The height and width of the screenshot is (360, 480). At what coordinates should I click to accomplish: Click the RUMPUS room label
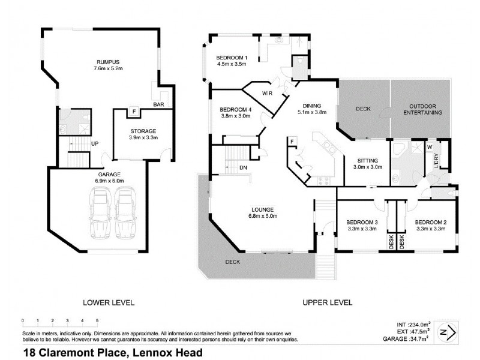[109, 62]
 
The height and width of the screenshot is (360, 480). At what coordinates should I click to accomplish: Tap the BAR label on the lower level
[159, 104]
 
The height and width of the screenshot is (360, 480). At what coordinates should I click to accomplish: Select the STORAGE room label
[143, 131]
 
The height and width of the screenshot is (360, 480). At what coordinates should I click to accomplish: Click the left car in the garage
[100, 212]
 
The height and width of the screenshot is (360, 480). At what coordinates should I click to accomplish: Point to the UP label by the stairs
[95, 144]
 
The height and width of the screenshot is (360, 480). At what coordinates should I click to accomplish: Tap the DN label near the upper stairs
[243, 167]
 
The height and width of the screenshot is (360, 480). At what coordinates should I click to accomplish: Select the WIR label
[268, 93]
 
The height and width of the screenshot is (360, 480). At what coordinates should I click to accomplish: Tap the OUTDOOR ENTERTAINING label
[419, 109]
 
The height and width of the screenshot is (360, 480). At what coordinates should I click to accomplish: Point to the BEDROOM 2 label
[430, 221]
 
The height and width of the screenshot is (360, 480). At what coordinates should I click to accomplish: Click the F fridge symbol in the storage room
[134, 112]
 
